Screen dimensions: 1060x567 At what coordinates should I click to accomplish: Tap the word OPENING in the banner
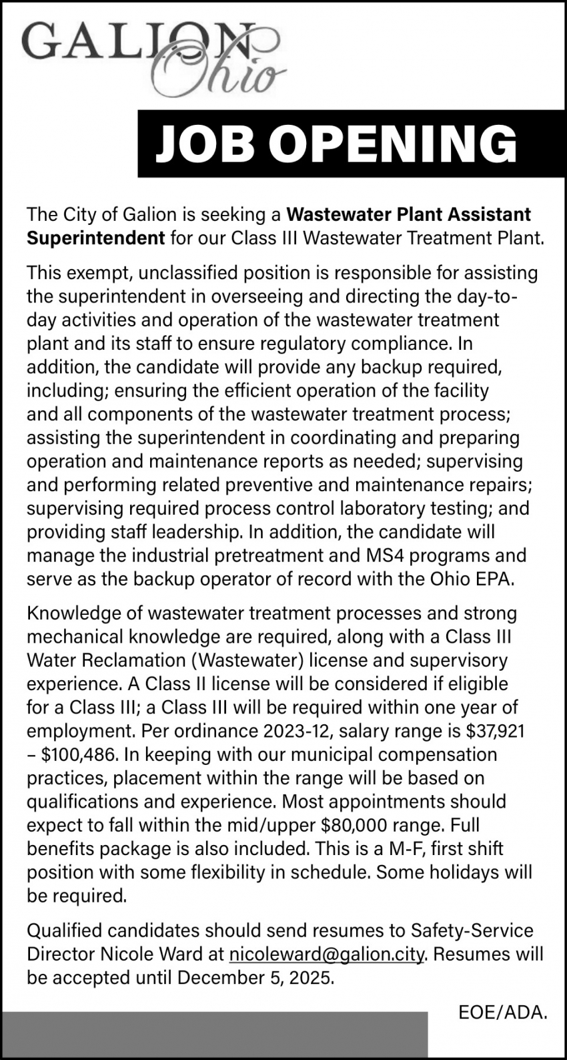[x=396, y=145]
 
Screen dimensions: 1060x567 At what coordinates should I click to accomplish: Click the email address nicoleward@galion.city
[x=327, y=955]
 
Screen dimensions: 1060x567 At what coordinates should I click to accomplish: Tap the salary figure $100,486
[x=79, y=755]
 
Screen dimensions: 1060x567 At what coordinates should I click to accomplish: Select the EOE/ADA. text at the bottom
[x=502, y=1013]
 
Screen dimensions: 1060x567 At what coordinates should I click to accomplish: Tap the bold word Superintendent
[x=95, y=238]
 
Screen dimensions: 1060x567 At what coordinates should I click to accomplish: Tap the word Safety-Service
[x=472, y=931]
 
